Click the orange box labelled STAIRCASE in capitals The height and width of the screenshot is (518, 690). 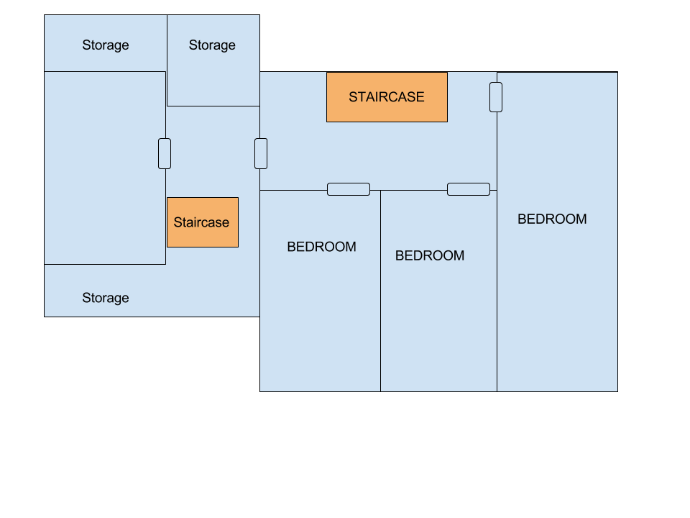(387, 97)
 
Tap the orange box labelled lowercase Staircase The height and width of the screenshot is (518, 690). (202, 222)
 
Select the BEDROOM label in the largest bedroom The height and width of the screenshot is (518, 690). (552, 219)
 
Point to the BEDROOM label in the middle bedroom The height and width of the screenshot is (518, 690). (430, 255)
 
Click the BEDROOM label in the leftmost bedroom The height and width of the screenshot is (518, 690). (321, 247)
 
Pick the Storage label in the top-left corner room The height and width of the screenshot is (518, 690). (106, 45)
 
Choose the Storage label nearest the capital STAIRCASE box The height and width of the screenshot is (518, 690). (212, 45)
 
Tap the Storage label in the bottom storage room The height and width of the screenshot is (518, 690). (106, 298)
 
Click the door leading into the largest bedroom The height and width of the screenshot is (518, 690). (496, 97)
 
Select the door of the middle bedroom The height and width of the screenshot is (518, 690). (469, 189)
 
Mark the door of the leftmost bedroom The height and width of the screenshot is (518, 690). (349, 189)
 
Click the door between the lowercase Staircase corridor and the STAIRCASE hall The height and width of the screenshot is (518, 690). (261, 153)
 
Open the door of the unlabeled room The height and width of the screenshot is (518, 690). (165, 153)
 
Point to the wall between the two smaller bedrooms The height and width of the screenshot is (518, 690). (380, 302)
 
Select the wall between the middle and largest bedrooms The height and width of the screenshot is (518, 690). (497, 302)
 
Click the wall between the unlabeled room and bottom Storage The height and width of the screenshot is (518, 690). (105, 264)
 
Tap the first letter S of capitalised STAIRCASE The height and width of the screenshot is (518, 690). (353, 97)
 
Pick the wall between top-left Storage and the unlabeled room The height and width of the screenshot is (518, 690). (105, 71)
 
